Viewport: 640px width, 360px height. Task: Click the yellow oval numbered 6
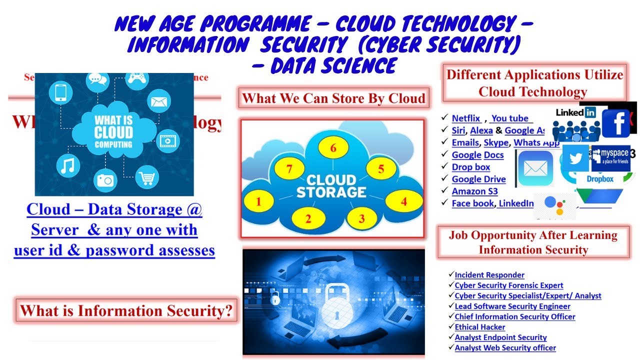click(x=333, y=148)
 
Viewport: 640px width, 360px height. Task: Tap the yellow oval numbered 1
click(x=258, y=202)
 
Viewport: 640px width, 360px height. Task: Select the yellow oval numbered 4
click(x=404, y=202)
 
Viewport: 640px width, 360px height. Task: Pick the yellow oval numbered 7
click(x=289, y=169)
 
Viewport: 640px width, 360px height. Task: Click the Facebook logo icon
click(x=615, y=123)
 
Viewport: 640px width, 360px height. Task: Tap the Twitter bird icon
click(x=575, y=158)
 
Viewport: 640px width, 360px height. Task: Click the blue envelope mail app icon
click(x=535, y=168)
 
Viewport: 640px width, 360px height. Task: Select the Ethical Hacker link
click(x=473, y=327)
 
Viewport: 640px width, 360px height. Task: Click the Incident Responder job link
click(x=489, y=275)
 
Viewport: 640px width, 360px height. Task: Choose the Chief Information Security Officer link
click(x=515, y=316)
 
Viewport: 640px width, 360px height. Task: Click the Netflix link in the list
click(x=466, y=118)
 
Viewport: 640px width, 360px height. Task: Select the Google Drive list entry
click(x=478, y=179)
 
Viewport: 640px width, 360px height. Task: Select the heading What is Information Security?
click(x=126, y=311)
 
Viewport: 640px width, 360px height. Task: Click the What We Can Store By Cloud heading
click(x=333, y=98)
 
